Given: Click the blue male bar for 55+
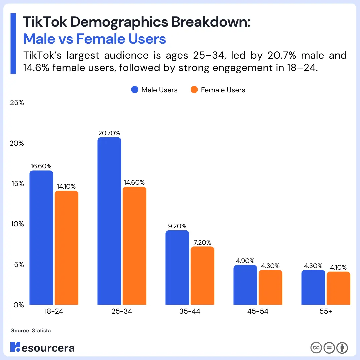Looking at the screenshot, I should [313, 287].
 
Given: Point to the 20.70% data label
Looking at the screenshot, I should [109, 133].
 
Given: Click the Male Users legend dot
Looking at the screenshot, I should [135, 90].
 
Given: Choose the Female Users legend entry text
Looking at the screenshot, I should [223, 90].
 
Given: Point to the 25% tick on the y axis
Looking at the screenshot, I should [17, 103].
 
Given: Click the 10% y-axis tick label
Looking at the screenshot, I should [17, 224].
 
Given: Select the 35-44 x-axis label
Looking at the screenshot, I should [189, 312].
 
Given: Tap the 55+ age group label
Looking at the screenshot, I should [325, 312].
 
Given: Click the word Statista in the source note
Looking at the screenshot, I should [41, 331].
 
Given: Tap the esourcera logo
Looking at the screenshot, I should [42, 347].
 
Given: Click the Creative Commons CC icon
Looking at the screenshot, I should [316, 348].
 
